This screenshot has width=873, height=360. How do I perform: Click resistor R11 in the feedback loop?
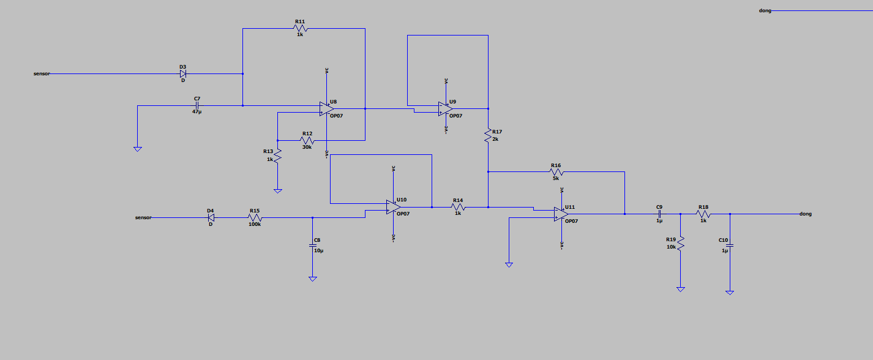click(300, 28)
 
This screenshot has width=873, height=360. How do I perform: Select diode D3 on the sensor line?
click(182, 73)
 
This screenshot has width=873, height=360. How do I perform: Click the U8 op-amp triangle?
click(326, 108)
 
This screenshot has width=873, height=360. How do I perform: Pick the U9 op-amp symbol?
click(445, 108)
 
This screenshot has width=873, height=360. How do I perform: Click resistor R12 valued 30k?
click(307, 140)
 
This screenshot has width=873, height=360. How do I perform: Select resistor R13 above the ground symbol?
click(277, 156)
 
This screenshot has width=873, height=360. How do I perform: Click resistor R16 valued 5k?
click(556, 172)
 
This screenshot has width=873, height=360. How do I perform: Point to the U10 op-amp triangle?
click(392, 207)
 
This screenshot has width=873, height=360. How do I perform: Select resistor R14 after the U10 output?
click(458, 207)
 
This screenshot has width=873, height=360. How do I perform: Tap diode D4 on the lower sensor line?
click(211, 217)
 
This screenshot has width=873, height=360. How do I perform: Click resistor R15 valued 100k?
click(255, 217)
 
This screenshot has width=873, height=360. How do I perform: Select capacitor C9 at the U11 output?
click(659, 214)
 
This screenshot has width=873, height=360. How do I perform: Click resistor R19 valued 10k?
click(680, 244)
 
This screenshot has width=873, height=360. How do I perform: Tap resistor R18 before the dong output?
click(703, 214)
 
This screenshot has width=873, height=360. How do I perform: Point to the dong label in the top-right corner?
click(765, 11)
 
